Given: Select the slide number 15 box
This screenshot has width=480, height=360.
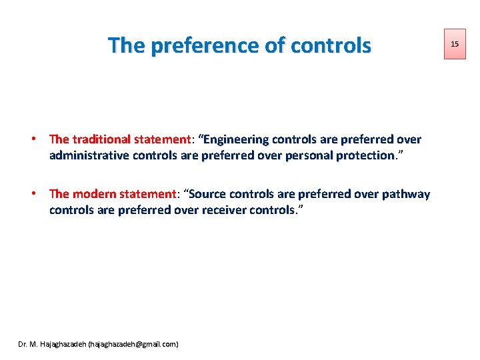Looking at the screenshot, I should pyautogui.click(x=455, y=43).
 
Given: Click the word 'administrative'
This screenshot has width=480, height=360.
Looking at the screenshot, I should pyautogui.click(x=88, y=155).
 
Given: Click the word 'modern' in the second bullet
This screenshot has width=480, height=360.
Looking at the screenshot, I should pyautogui.click(x=94, y=194).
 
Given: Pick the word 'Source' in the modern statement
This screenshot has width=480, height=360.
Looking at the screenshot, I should pyautogui.click(x=212, y=194).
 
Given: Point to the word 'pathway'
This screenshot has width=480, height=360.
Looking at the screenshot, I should pyautogui.click(x=405, y=194).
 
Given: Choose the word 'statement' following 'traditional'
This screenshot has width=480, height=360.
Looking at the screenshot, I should pyautogui.click(x=162, y=139).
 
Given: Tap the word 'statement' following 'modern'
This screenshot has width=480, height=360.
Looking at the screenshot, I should pyautogui.click(x=147, y=194).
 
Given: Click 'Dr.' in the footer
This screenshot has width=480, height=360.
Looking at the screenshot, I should pyautogui.click(x=23, y=344).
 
